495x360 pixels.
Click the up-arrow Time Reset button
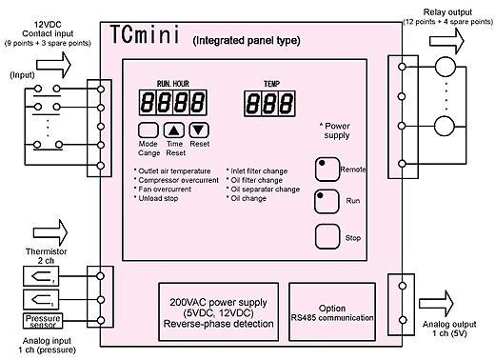click(x=173, y=131)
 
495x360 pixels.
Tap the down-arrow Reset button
click(x=198, y=131)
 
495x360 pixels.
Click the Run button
click(x=327, y=201)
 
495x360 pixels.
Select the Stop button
click(x=327, y=236)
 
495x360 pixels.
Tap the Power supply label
click(x=337, y=130)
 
